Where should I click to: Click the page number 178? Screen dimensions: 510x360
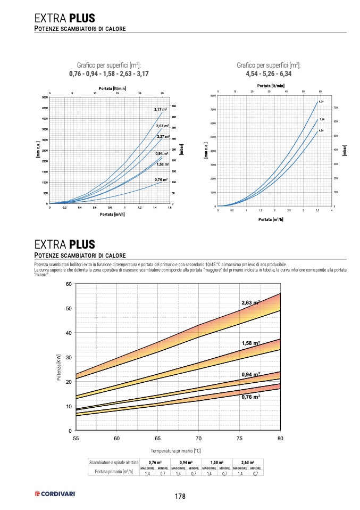pyautogui.click(x=180, y=496)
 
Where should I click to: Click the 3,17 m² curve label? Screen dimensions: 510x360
pyautogui.click(x=161, y=110)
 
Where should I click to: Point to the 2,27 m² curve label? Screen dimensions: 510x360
pyautogui.click(x=163, y=137)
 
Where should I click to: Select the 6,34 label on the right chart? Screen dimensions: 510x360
pyautogui.click(x=321, y=101)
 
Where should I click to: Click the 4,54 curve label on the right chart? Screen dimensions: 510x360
pyautogui.click(x=321, y=130)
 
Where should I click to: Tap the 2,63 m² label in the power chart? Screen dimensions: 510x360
pyautogui.click(x=251, y=302)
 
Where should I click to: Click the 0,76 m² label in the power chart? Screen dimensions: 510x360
pyautogui.click(x=251, y=397)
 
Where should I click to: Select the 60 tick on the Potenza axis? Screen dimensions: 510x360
pyautogui.click(x=69, y=284)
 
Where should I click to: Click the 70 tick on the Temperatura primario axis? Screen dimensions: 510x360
pyautogui.click(x=198, y=438)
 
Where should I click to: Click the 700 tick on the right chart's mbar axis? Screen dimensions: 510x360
pyautogui.click(x=336, y=108)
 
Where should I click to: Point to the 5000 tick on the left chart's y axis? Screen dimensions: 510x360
pyautogui.click(x=44, y=97)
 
